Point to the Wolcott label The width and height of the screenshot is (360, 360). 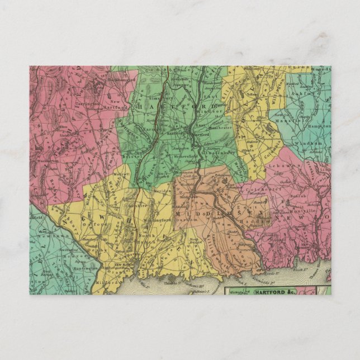[123, 174]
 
